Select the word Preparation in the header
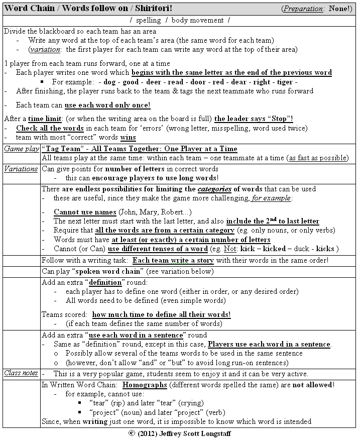pos(305,9)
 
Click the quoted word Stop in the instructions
pos(278,119)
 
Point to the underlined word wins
pos(129,138)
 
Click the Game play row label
pos(21,149)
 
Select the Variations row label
pos(21,169)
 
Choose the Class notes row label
pos(21,373)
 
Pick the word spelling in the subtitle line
pos(149,20)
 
